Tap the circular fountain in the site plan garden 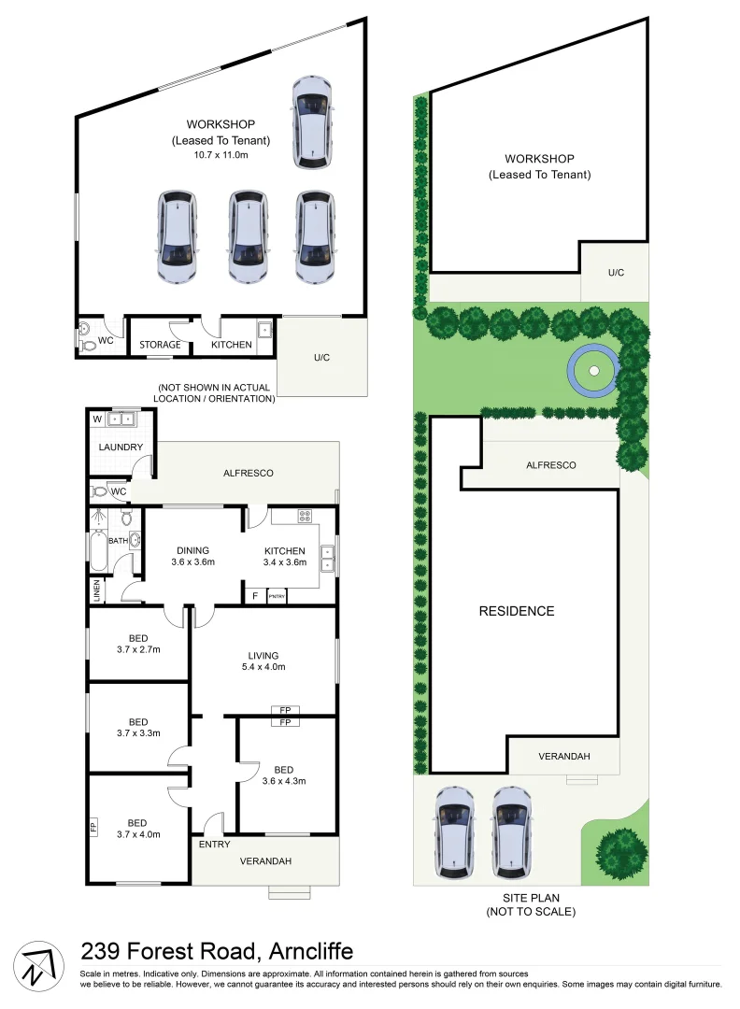[592, 372]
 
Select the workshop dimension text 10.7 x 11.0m [221, 154]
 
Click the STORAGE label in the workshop [161, 345]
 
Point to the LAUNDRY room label [120, 447]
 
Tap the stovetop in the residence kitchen [305, 516]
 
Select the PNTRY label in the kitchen [277, 596]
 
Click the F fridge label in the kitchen [253, 596]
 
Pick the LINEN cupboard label [96, 591]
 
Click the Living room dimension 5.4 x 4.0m [263, 667]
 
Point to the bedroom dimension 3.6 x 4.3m [284, 781]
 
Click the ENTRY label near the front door [214, 844]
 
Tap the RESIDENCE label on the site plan [517, 611]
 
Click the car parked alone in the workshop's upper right [312, 121]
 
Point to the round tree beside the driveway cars [619, 852]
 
